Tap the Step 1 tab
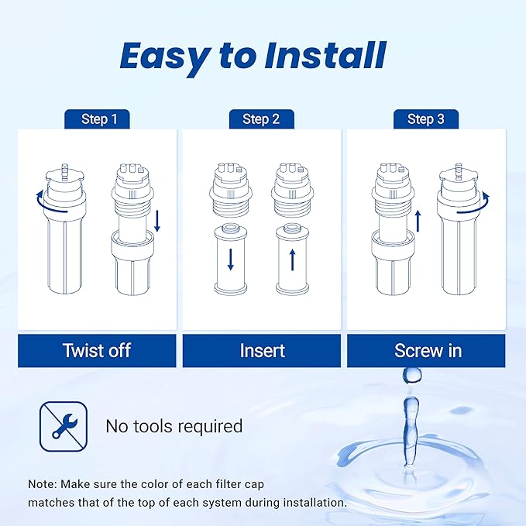99,119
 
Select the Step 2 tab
261,119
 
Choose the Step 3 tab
425,119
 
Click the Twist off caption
97,350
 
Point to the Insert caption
262,350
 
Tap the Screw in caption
428,350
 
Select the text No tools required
174,426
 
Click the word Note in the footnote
43,483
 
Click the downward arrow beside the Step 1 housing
157,222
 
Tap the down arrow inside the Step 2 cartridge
230,259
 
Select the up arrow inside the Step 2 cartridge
292,259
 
